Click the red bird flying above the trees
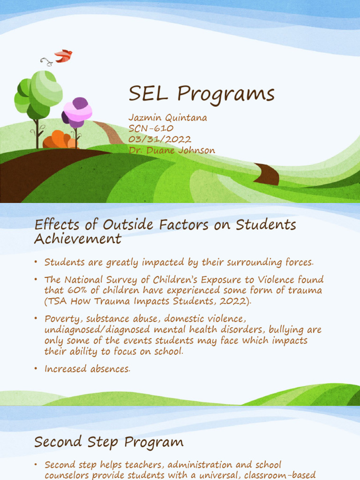point(63,56)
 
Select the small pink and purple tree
point(77,112)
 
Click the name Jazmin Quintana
point(167,118)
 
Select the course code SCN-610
point(150,128)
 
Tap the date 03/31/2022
point(160,139)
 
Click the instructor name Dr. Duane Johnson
point(172,150)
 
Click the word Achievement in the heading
point(78,239)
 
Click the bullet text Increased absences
point(87,369)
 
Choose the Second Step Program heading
point(109,442)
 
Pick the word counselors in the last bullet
point(67,475)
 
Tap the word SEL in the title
point(148,95)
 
